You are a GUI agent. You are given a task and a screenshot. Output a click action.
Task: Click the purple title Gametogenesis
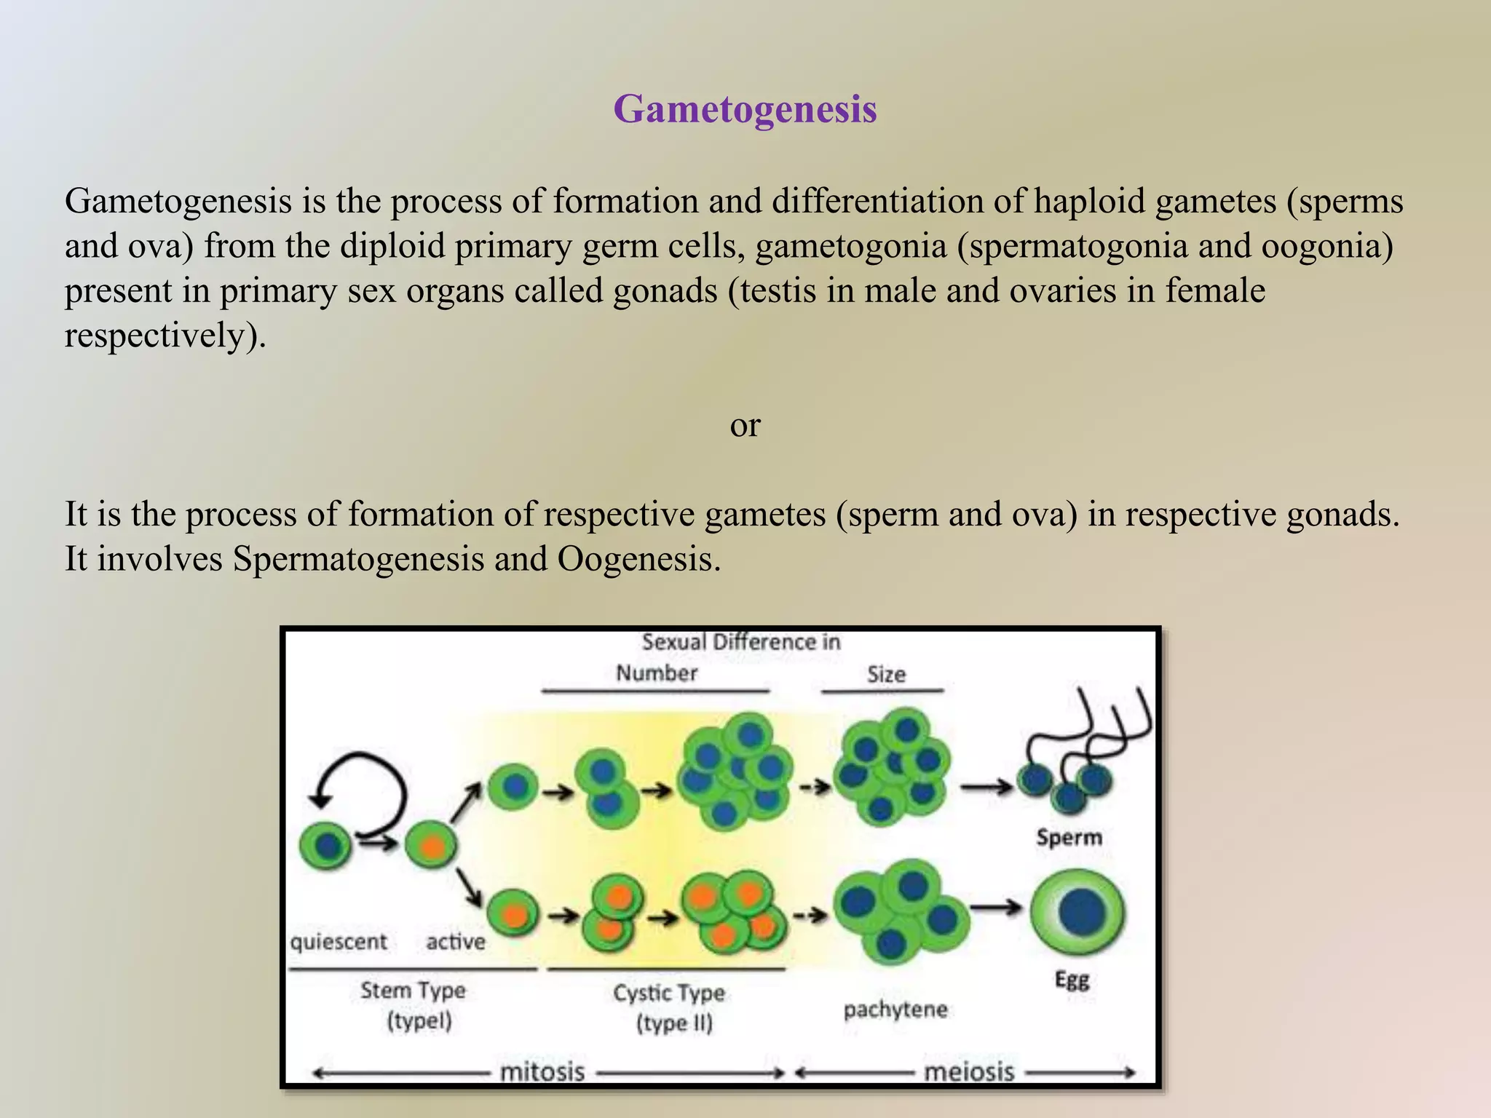coord(745,109)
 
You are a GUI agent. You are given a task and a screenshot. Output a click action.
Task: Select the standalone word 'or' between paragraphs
coord(745,425)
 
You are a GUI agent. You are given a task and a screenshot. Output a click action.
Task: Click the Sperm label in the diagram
coord(1069,837)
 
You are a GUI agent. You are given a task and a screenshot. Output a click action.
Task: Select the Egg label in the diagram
coord(1072,980)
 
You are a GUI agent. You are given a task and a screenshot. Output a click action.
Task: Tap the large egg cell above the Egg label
coord(1077,913)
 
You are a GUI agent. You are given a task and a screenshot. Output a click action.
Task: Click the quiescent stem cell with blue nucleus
coord(325,846)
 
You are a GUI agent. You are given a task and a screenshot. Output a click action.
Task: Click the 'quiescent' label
coord(339,942)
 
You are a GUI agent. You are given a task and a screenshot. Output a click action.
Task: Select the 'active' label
coord(456,942)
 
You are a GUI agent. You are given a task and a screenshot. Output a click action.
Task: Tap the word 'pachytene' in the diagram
coord(895,1010)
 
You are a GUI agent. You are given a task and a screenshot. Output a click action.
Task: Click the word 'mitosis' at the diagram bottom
coord(542,1072)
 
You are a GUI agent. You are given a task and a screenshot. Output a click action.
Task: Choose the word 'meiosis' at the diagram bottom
coord(968,1072)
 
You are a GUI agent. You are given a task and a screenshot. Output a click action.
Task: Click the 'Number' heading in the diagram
coord(657,673)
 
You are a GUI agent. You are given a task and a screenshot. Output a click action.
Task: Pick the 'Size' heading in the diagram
coord(886,675)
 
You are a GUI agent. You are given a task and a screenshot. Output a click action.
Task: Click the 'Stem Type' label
coord(413,991)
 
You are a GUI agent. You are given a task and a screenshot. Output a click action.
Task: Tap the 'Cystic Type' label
coord(669,993)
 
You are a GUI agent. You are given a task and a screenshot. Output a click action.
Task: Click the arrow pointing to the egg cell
coord(996,907)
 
